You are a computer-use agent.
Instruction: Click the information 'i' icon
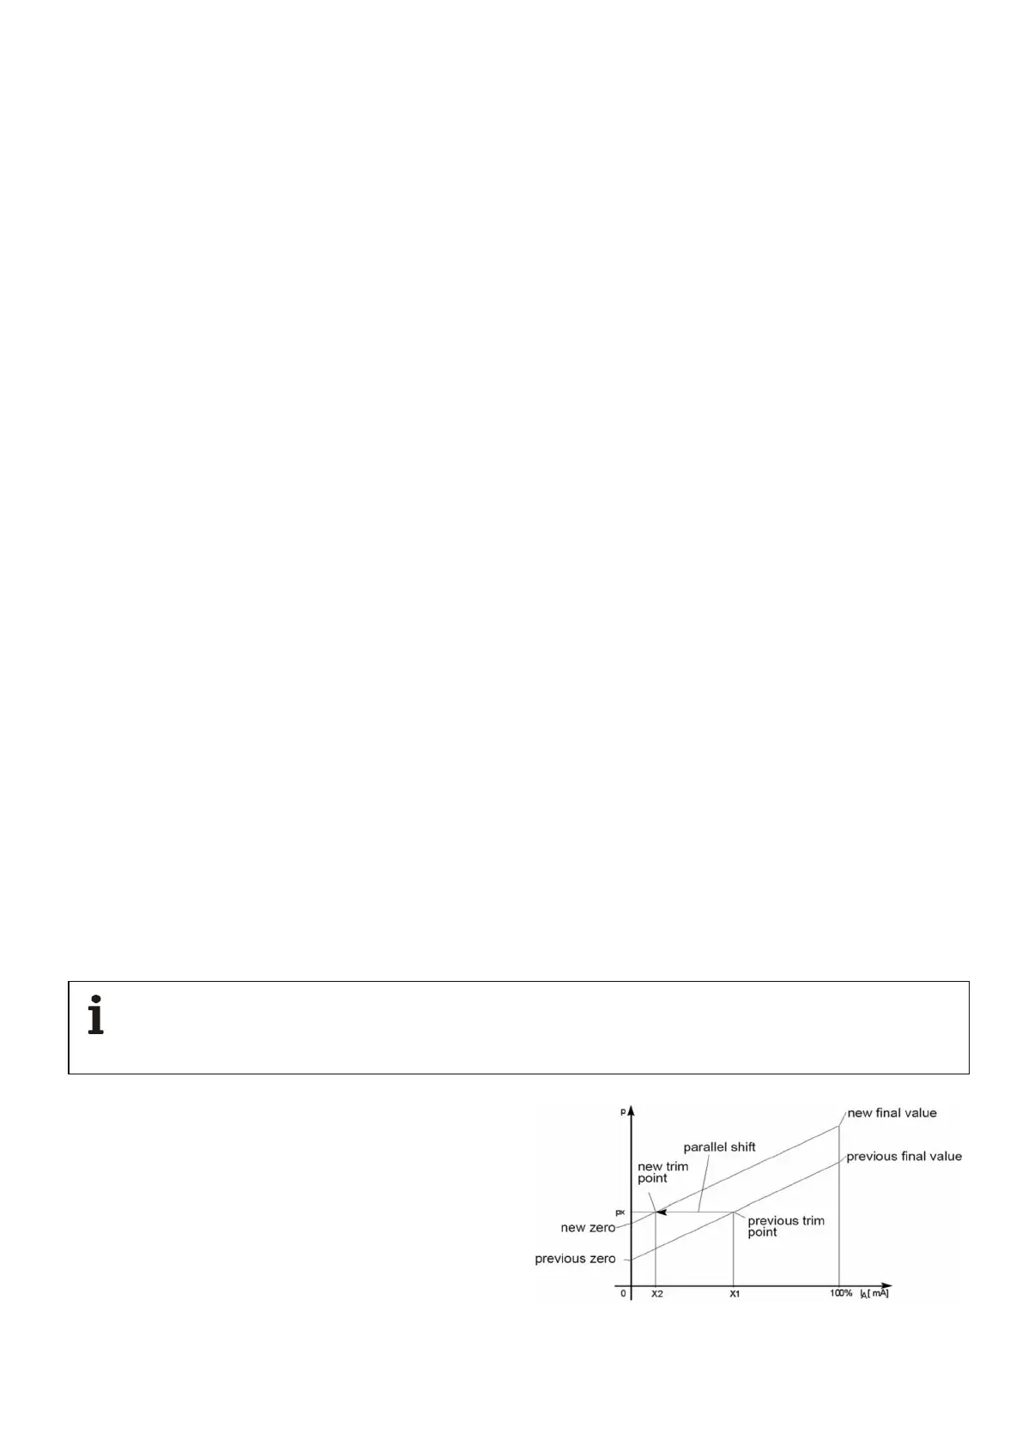[96, 1015]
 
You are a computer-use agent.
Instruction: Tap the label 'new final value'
[892, 1113]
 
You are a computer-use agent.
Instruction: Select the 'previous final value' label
[904, 1157]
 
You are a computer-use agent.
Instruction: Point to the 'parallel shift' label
[719, 1147]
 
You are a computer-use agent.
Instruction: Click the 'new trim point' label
[662, 1172]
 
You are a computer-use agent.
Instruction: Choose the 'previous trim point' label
[785, 1226]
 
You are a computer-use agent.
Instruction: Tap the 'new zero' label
[588, 1228]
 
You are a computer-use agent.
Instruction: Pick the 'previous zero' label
[575, 1259]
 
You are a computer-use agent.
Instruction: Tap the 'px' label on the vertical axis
[620, 1212]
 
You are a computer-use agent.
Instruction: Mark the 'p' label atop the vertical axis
[622, 1111]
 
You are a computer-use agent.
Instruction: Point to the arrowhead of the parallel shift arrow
[660, 1212]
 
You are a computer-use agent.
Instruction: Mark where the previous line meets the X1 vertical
[733, 1212]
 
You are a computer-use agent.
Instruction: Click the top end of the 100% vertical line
[838, 1126]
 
